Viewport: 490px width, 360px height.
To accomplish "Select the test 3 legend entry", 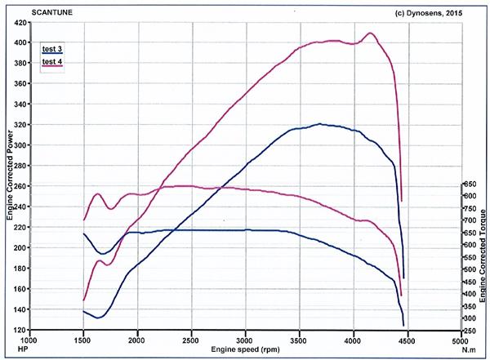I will tap(52, 49).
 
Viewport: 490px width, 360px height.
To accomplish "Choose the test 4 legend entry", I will tap(52, 62).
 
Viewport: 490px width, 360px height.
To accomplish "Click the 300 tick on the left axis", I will tap(16, 145).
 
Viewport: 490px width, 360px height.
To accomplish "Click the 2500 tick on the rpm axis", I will tap(191, 340).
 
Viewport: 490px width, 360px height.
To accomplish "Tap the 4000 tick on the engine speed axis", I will tap(353, 340).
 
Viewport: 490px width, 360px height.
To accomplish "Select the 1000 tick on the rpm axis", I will tap(29, 340).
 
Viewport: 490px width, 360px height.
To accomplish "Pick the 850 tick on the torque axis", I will tap(469, 184).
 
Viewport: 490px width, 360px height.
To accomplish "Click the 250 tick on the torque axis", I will tap(469, 331).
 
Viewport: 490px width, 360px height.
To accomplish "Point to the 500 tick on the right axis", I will tap(469, 269).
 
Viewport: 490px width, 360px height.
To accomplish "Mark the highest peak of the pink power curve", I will tap(372, 33).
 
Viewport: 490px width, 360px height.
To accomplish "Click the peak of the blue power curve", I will tap(320, 124).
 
